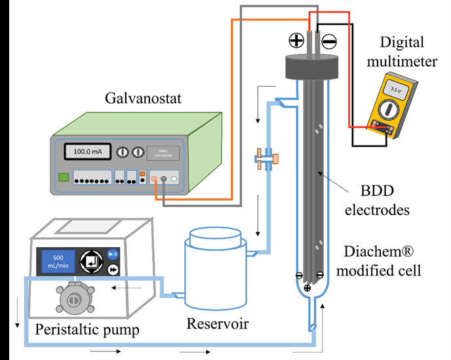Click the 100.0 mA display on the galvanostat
(87, 152)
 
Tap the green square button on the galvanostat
(64, 176)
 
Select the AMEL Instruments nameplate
(159, 152)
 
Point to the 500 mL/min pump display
(58, 261)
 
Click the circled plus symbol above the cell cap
(296, 41)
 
